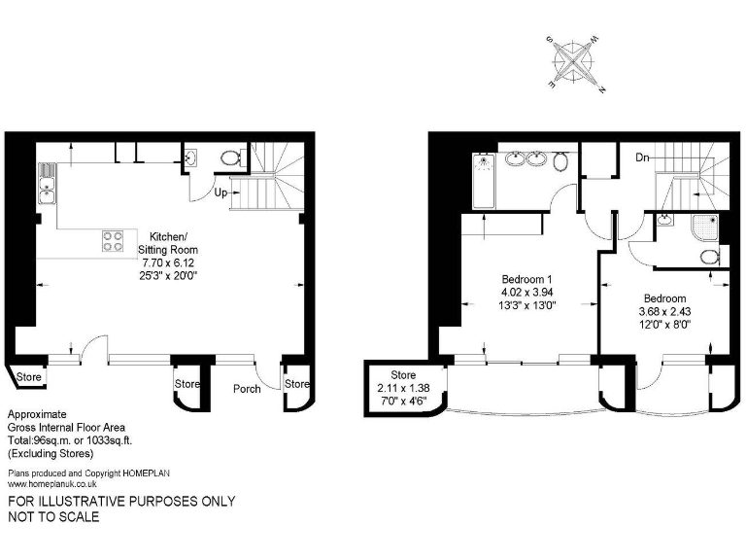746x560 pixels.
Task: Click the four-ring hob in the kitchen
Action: (113, 240)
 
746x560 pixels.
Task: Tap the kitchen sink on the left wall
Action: (46, 184)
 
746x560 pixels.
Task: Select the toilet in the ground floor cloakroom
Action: (231, 157)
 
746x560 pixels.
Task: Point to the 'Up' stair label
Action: (220, 192)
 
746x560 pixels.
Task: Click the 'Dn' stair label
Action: (642, 157)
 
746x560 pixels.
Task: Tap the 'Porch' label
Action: (247, 389)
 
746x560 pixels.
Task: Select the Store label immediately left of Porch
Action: (186, 384)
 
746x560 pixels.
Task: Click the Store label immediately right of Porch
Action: (296, 384)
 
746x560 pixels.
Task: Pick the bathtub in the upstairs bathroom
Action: (483, 180)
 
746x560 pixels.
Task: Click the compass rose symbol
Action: (577, 65)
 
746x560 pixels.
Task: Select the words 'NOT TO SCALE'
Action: (53, 517)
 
